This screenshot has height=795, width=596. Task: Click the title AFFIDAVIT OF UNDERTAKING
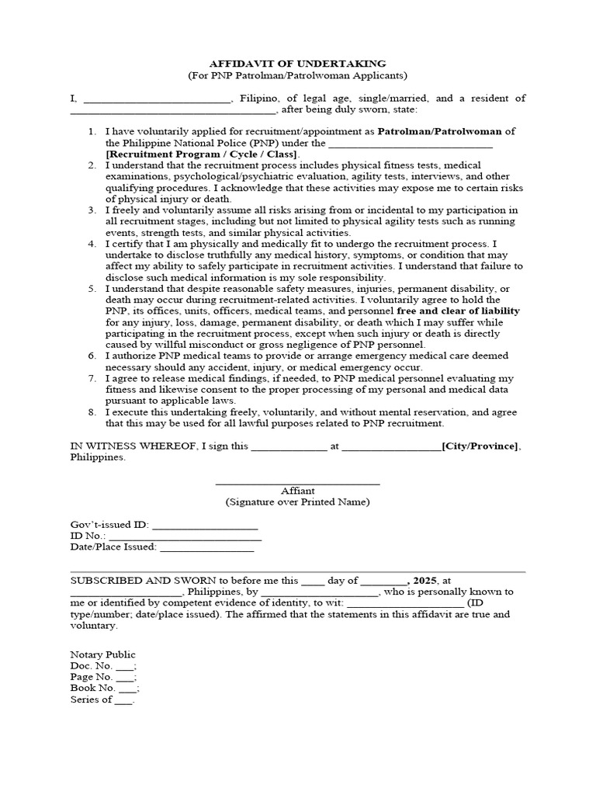coord(297,63)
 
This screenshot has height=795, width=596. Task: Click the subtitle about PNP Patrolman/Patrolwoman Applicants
coord(297,75)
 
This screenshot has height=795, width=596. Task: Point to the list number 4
coord(92,244)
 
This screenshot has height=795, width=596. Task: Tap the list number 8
coord(92,412)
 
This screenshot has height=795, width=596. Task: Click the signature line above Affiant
coord(297,484)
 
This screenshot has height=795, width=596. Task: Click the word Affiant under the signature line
coord(297,491)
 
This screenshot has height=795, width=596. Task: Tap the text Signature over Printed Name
coord(297,502)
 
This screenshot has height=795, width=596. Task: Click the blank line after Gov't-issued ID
coord(199,525)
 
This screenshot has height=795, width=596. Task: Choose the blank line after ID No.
coord(185,536)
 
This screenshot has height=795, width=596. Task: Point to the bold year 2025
coord(425,580)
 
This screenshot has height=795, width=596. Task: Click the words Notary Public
coord(103,654)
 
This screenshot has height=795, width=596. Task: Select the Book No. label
coord(93,688)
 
